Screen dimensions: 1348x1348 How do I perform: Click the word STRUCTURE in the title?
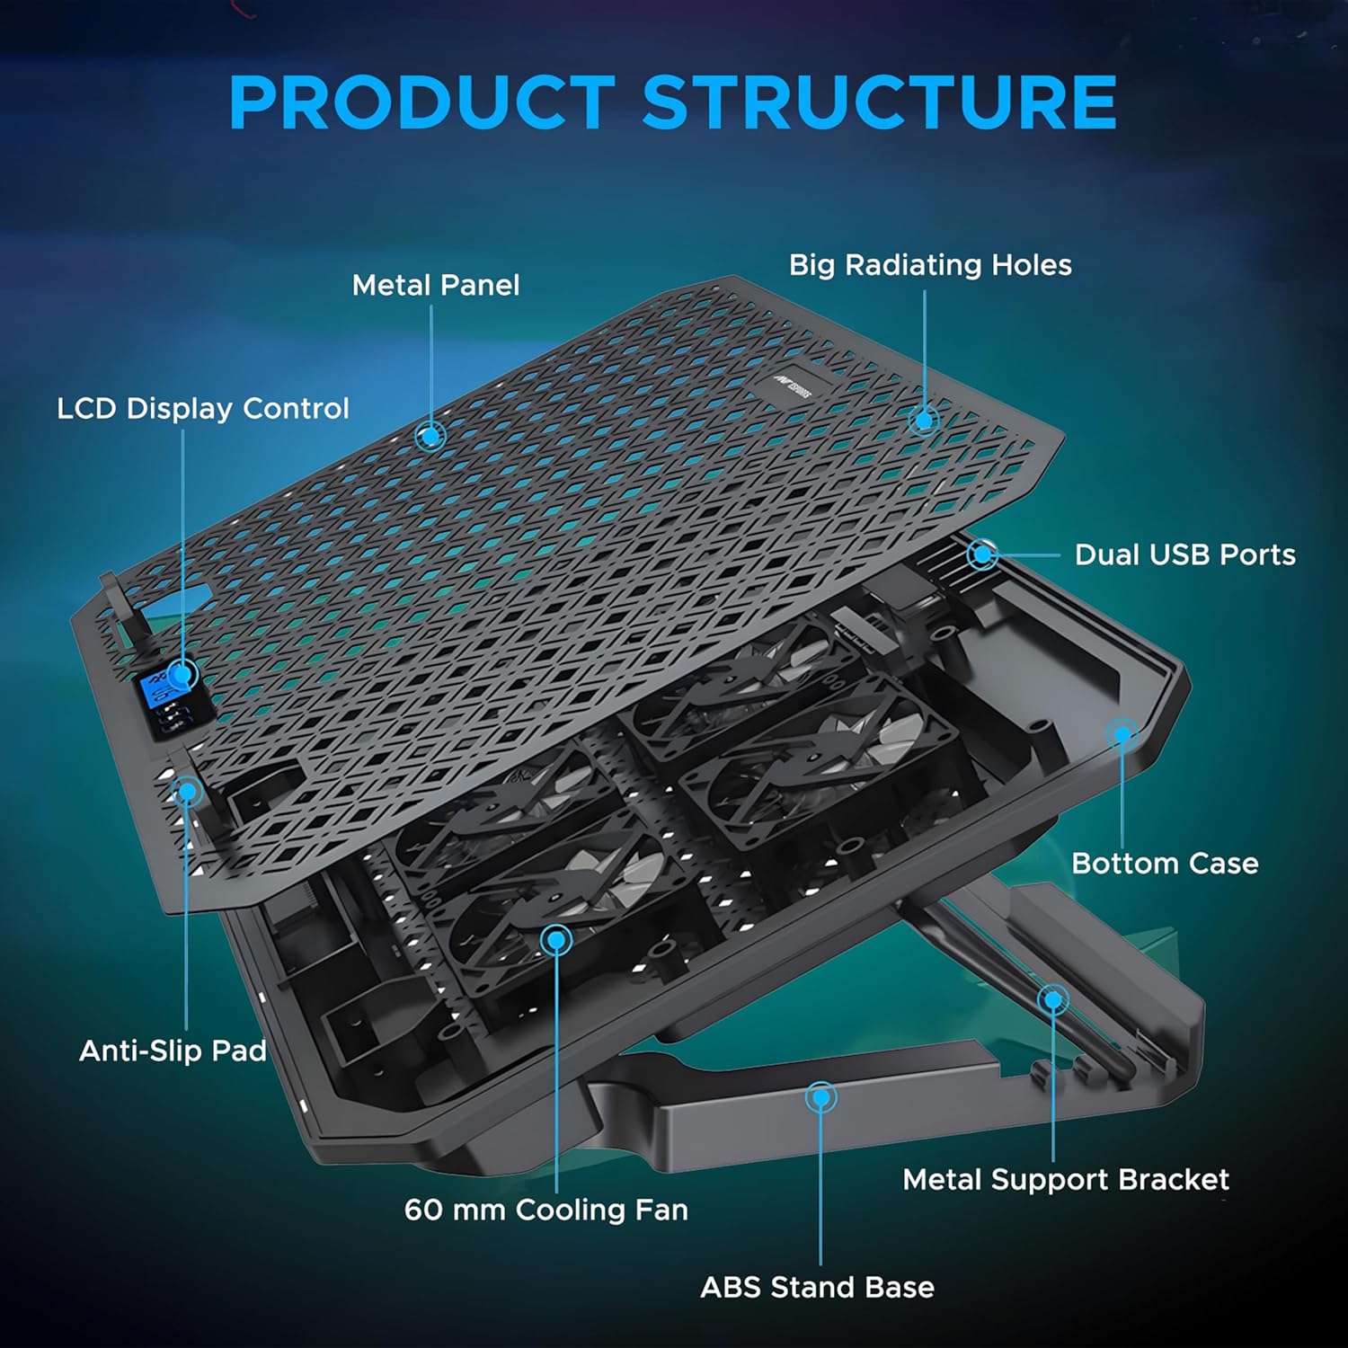[x=879, y=102]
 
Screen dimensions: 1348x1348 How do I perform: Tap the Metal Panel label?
[x=435, y=286]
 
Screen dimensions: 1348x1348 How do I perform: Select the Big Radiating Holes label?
[x=930, y=265]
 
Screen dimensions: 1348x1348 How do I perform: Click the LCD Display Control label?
[x=202, y=409]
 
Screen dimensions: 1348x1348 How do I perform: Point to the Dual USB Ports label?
[x=1184, y=555]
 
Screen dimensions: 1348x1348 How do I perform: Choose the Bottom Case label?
[x=1165, y=864]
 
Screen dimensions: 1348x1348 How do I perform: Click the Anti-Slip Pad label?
[x=173, y=1051]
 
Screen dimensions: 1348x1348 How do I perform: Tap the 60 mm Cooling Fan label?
[x=545, y=1210]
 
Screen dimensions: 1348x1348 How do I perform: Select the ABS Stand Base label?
[x=817, y=1288]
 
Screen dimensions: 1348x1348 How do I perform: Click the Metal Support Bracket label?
[x=1066, y=1180]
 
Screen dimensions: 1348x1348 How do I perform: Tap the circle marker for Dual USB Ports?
[x=983, y=554]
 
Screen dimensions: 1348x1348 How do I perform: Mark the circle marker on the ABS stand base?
[x=820, y=1097]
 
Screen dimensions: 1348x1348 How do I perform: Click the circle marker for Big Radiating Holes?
[x=923, y=420]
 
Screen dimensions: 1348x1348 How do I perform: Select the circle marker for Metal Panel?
[x=431, y=436]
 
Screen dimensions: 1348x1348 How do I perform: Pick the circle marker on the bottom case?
[x=1122, y=734]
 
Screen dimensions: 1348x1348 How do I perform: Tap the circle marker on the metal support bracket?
[x=1052, y=999]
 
